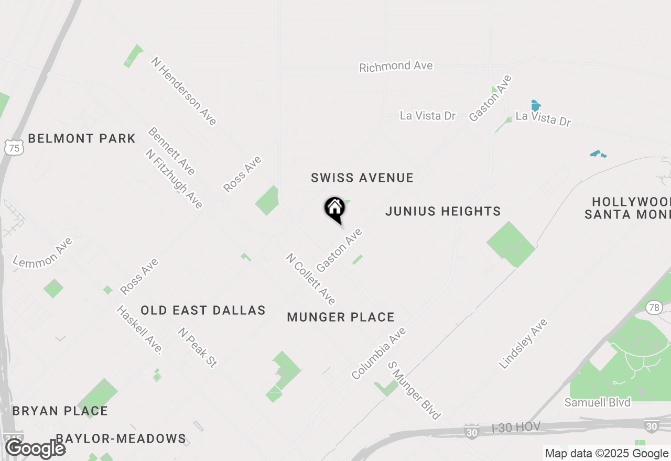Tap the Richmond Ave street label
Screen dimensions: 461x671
pos(396,67)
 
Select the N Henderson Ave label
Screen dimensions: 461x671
pos(183,91)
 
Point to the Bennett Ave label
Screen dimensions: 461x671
pos(171,151)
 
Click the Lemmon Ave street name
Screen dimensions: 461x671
pos(43,252)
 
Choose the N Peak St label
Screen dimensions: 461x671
pos(197,347)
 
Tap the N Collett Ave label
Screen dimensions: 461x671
pos(310,279)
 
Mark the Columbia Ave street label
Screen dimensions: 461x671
pos(378,354)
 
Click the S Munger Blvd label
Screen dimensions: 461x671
pos(414,390)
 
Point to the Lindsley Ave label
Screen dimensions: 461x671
pos(523,344)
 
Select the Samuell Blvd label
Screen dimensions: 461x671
pos(597,402)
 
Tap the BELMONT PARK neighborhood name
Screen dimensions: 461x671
pos(82,139)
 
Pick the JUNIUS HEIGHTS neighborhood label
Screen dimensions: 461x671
pos(443,211)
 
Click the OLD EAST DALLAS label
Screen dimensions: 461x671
pos(203,310)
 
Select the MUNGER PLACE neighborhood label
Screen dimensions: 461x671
pos(341,317)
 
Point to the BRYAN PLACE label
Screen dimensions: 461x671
pos(60,411)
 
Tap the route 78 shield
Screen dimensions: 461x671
pos(654,308)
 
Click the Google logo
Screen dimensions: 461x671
pos(36,449)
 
